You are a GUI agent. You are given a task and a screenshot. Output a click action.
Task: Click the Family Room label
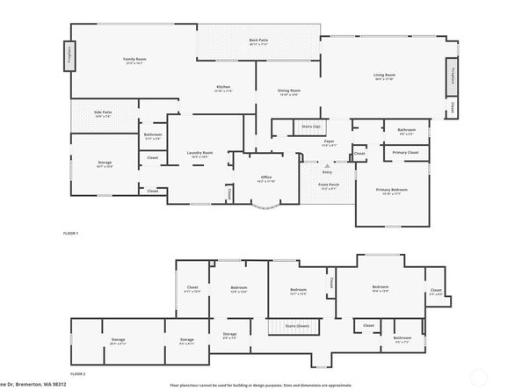coord(134,59)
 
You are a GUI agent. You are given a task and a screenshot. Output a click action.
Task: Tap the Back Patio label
coord(258,40)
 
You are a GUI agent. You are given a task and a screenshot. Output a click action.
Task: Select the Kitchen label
coord(224,87)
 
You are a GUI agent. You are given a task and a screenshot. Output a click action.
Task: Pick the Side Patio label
coord(103,112)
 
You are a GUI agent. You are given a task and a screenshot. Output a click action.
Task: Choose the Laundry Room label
coord(199,153)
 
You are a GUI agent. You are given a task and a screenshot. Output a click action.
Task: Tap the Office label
coord(265,178)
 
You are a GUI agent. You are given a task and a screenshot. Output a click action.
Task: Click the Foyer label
coord(330,141)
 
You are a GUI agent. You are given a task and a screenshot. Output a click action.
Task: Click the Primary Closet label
coord(406,152)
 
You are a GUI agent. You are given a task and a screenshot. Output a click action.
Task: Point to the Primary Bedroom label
coord(392,190)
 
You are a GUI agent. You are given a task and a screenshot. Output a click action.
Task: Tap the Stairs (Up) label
coord(311,127)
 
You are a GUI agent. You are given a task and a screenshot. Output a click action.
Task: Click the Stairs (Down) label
coord(297,324)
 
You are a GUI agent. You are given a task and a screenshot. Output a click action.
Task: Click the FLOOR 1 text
coord(71,233)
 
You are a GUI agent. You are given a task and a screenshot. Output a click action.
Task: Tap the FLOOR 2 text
coord(79,373)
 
